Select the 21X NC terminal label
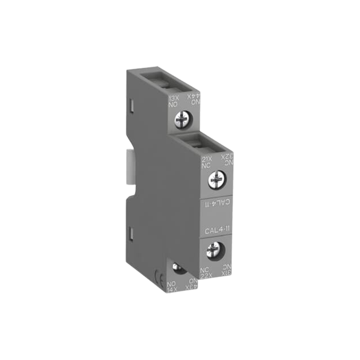point(207,162)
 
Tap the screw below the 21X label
point(215,181)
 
